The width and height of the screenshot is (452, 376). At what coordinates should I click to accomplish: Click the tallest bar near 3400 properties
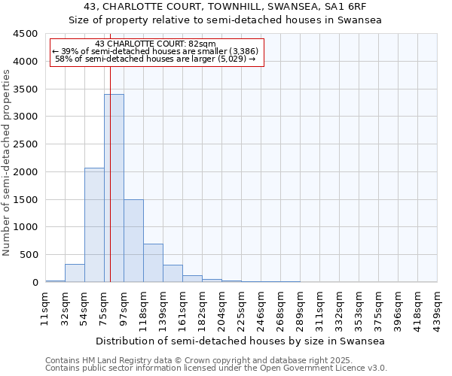click(x=114, y=188)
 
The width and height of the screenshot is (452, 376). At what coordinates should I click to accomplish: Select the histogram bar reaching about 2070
click(x=94, y=225)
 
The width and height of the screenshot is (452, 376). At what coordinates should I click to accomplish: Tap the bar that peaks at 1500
click(x=133, y=241)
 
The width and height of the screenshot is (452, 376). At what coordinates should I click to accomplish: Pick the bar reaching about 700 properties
click(x=153, y=262)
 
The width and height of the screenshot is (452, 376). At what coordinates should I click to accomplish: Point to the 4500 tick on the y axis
click(x=26, y=35)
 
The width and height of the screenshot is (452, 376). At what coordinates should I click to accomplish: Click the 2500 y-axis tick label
click(x=26, y=144)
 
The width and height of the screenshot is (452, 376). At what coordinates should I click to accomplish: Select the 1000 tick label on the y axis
click(x=26, y=227)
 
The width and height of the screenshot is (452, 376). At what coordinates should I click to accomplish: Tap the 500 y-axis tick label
click(x=29, y=255)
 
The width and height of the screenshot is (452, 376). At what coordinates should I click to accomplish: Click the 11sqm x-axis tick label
click(x=45, y=308)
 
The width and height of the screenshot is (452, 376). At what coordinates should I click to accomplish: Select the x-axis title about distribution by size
click(x=241, y=341)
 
